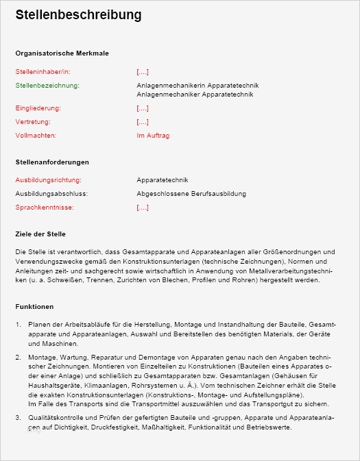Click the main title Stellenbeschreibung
coord(79,15)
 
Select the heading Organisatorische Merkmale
coord(62,53)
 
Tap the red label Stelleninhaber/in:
coord(43,71)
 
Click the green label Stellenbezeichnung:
coord(47,86)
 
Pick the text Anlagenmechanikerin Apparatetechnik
coord(197,86)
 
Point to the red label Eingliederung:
coord(38,108)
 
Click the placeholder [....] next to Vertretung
coord(143,122)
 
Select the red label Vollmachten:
coord(36,136)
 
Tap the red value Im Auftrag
coord(153,136)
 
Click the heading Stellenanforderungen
coord(52,162)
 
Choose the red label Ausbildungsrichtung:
coord(48,180)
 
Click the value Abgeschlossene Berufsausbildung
coord(191,194)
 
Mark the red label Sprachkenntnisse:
coord(45,208)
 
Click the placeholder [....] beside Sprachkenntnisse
coord(143,208)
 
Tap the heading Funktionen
coord(34,307)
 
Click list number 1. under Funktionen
coord(19,323)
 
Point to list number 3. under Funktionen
coord(19,418)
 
